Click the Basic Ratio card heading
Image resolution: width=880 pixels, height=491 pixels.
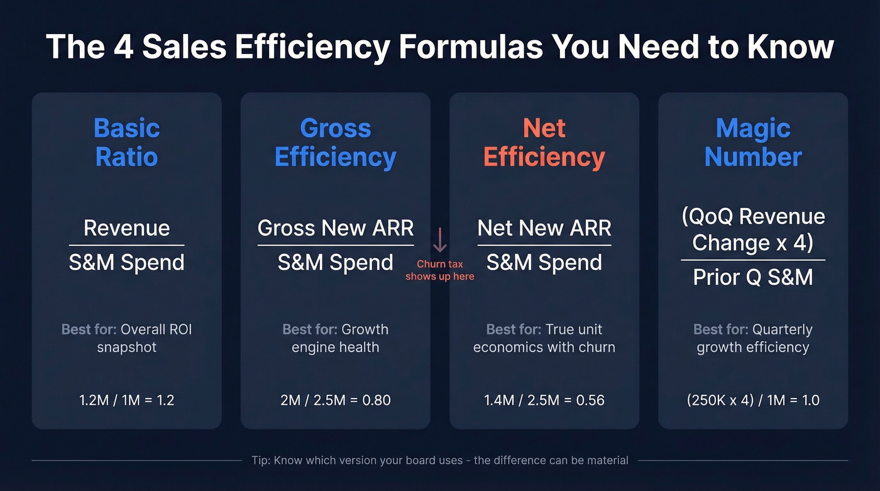pyautogui.click(x=126, y=142)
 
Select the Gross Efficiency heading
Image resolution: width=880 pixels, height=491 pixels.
pyautogui.click(x=335, y=142)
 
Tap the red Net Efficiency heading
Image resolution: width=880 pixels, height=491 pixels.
pyautogui.click(x=544, y=142)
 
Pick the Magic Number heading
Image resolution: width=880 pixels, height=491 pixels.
pyautogui.click(x=753, y=142)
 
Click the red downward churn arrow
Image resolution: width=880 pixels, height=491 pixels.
pyautogui.click(x=439, y=240)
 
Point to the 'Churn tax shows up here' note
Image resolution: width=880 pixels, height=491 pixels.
pyautogui.click(x=439, y=270)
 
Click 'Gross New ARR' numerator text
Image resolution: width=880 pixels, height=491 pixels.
pyautogui.click(x=335, y=228)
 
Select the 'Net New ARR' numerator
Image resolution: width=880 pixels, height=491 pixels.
pyautogui.click(x=544, y=228)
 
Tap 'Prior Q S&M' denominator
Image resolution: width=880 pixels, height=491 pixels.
pyautogui.click(x=753, y=276)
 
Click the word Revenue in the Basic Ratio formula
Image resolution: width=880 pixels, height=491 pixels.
pyautogui.click(x=126, y=228)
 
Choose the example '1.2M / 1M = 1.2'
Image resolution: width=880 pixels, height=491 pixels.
pyautogui.click(x=126, y=400)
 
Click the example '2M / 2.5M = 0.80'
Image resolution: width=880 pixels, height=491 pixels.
pyautogui.click(x=335, y=400)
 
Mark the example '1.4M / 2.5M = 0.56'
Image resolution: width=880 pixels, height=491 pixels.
pyautogui.click(x=544, y=400)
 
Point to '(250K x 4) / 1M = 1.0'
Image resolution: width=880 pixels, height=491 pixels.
pyautogui.click(x=753, y=400)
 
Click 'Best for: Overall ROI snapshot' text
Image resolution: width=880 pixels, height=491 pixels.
pyautogui.click(x=126, y=338)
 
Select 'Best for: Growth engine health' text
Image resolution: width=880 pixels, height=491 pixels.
pyautogui.click(x=335, y=338)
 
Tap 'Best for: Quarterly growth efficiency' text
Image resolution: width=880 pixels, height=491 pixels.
pyautogui.click(x=753, y=338)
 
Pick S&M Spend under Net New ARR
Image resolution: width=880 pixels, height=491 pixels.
pyautogui.click(x=544, y=262)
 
